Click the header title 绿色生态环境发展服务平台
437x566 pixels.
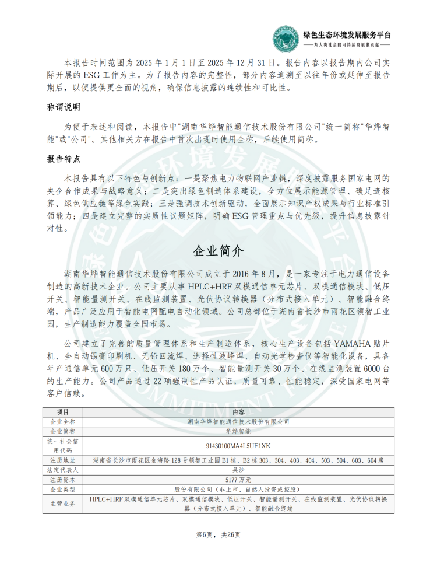(347, 34)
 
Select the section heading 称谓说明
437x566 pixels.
(64, 108)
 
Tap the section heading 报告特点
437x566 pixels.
(64, 158)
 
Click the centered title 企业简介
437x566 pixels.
(218, 251)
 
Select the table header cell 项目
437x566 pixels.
(64, 412)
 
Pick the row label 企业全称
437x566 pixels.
(64, 421)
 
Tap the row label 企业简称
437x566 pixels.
(64, 432)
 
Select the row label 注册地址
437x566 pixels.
(64, 460)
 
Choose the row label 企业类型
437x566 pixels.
(64, 489)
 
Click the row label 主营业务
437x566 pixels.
(64, 504)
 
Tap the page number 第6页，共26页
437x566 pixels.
(218, 534)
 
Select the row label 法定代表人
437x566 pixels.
(64, 470)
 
